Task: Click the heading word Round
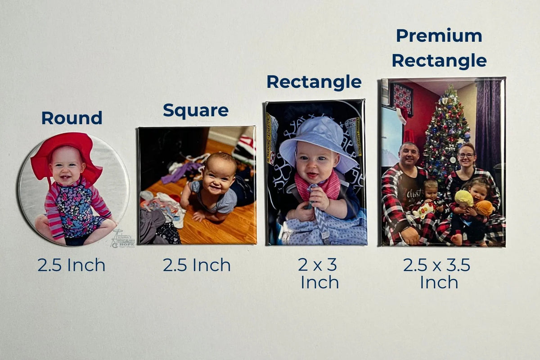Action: (72, 118)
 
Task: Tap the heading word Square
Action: (195, 110)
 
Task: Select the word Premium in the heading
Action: (439, 36)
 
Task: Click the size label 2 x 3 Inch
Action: (319, 274)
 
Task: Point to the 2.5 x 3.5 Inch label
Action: (437, 274)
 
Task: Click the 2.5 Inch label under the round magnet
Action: (71, 265)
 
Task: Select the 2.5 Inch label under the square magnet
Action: (197, 265)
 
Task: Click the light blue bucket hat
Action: (318, 137)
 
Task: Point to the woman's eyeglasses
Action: (466, 156)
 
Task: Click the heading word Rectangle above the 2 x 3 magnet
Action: (314, 82)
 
